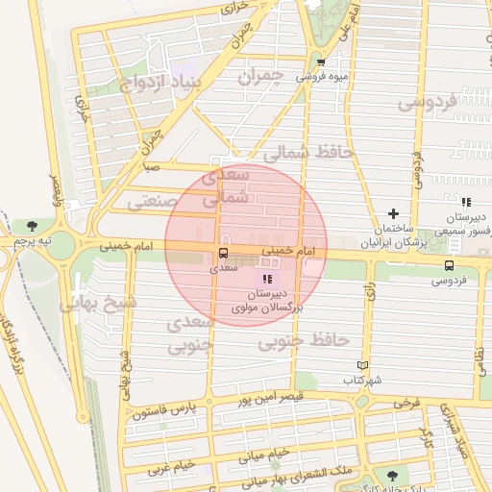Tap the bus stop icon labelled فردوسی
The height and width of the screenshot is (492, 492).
coord(450,265)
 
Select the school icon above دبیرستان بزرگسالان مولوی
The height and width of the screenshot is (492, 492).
coord(266,278)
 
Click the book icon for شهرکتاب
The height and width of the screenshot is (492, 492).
coord(361,365)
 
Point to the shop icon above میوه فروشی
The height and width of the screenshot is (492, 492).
coord(321,62)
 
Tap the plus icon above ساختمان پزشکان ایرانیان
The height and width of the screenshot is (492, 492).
coord(392,213)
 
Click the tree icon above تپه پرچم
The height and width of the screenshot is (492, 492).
coord(34,225)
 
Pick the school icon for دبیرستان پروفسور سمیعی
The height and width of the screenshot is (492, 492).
coord(465,202)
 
